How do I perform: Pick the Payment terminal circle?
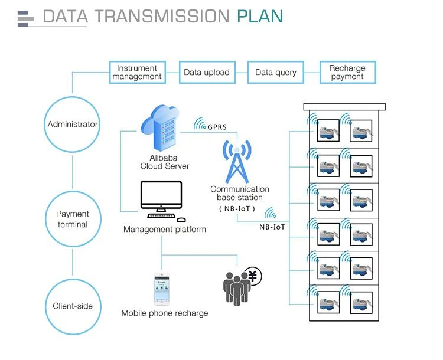46,219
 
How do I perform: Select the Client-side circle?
46,307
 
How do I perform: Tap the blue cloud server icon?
161,129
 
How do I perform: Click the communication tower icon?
237,162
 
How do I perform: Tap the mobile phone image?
162,289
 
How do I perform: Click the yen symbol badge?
253,276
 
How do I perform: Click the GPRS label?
217,127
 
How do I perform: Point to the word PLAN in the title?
260,17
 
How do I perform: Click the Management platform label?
165,229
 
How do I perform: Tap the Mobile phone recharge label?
165,313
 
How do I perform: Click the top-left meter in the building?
328,131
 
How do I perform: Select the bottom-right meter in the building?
361,303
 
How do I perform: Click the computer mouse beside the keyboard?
181,220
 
